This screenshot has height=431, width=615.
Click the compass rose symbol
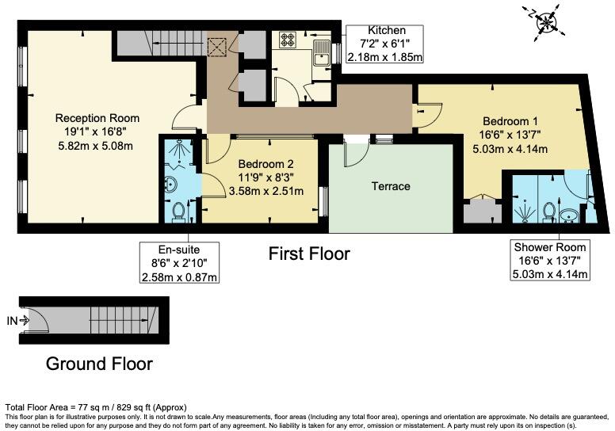pos(546,21)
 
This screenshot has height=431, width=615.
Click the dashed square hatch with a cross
pos(216,47)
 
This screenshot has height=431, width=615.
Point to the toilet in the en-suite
pos(180,212)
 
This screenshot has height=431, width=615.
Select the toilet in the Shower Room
pos(549,211)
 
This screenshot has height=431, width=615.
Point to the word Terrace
pos(392,186)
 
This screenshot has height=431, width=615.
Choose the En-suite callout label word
pos(180,248)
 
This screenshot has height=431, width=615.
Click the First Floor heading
pos(308,254)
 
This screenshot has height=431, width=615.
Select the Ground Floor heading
pos(99,364)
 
